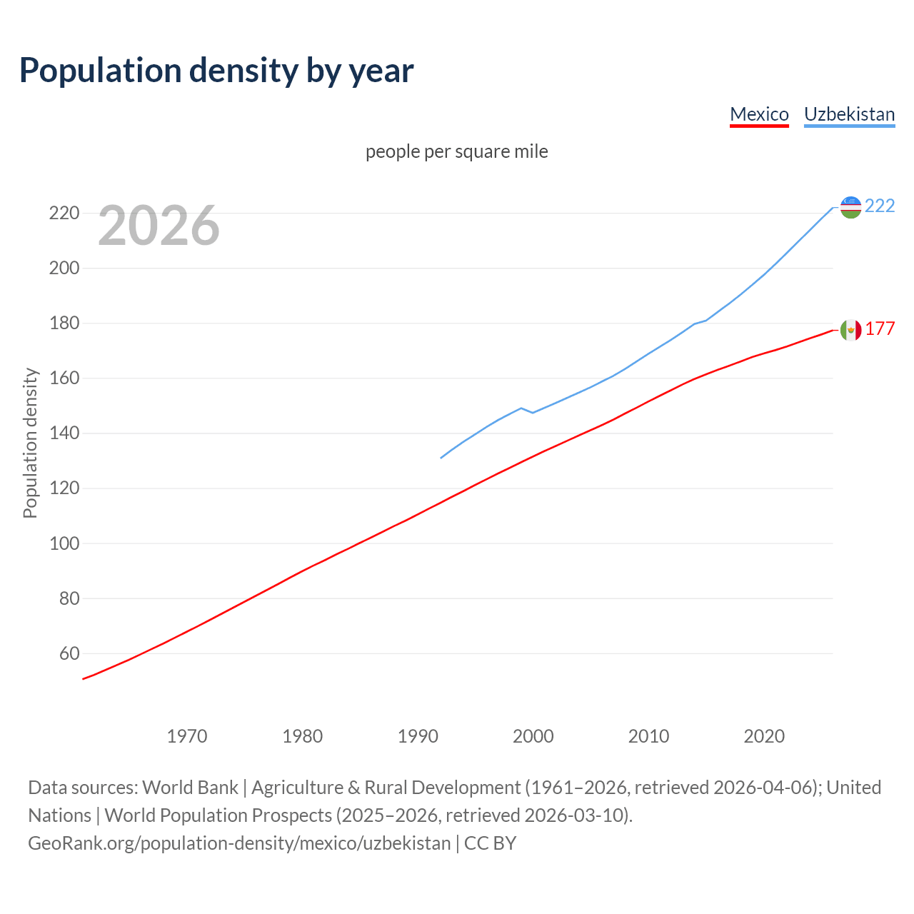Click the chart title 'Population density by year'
(216, 70)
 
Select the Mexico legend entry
(759, 114)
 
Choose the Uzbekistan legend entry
(849, 114)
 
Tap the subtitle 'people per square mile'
(456, 151)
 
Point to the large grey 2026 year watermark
(159, 226)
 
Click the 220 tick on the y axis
(64, 214)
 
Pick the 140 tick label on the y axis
(64, 433)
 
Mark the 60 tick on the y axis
(69, 653)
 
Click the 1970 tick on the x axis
(187, 736)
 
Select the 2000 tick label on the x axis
(533, 736)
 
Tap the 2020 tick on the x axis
(764, 736)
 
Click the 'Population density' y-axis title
(30, 443)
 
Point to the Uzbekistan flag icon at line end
(850, 207)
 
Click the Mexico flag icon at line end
(850, 330)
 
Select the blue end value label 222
(880, 206)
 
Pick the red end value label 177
(880, 328)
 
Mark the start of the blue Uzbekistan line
(441, 458)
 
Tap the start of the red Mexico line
(84, 678)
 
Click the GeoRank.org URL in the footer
(239, 843)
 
